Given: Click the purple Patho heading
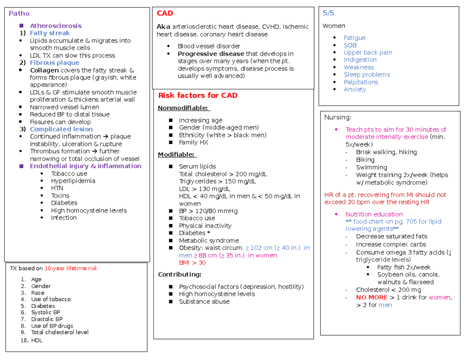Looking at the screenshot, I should [x=19, y=14].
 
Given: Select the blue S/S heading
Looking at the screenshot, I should [x=328, y=13].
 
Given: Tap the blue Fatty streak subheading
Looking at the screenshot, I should [x=50, y=33].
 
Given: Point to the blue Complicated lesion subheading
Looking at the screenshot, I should [x=61, y=129].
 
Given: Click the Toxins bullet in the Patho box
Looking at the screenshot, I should [x=60, y=195].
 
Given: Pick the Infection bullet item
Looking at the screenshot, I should [x=64, y=217].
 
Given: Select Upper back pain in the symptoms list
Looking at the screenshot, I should [x=368, y=52].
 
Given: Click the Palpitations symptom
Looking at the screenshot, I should [x=361, y=82].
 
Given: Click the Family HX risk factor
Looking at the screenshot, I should [x=193, y=143].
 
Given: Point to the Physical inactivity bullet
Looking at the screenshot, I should [x=205, y=226].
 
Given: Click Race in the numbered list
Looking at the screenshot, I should [x=38, y=293].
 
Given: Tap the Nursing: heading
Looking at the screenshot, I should [x=337, y=117].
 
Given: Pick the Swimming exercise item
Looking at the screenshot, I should [x=371, y=167].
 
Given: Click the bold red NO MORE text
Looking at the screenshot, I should [x=372, y=297].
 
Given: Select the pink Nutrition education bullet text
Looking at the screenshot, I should [x=374, y=214].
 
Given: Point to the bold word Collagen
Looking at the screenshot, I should [x=44, y=70].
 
